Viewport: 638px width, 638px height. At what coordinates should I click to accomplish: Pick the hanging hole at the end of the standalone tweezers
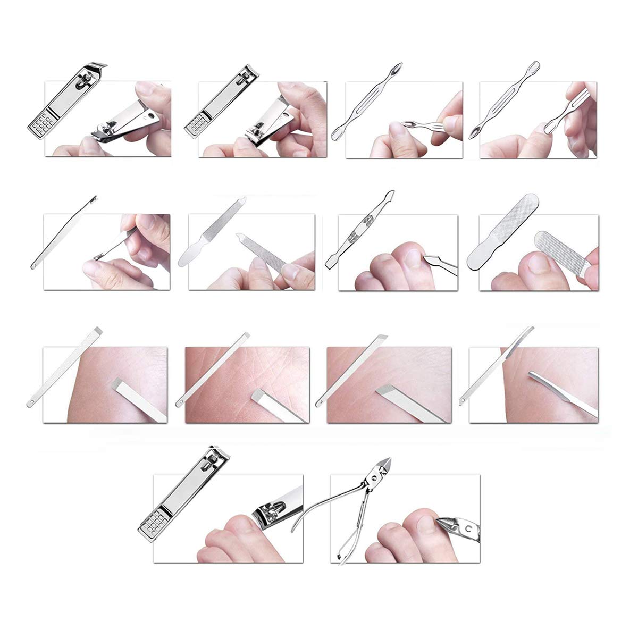point(33,264)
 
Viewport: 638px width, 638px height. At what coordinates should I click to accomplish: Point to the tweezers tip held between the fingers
point(99,256)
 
